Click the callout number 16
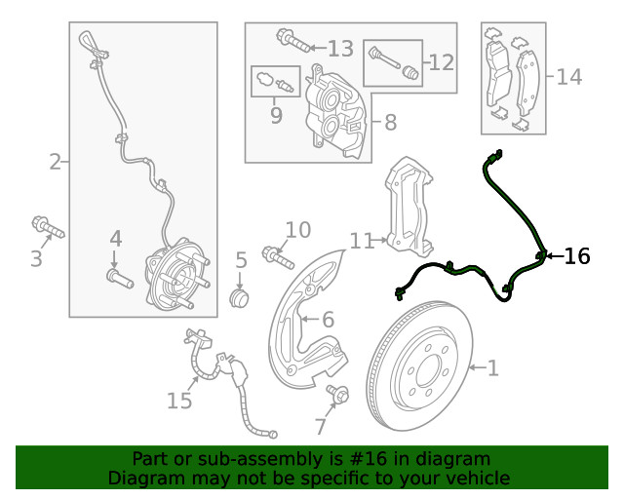[x=577, y=256]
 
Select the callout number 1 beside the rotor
[x=492, y=367]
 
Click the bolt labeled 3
[x=46, y=227]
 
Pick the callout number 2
[x=56, y=162]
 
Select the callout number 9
[x=276, y=116]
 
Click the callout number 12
[x=441, y=62]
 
